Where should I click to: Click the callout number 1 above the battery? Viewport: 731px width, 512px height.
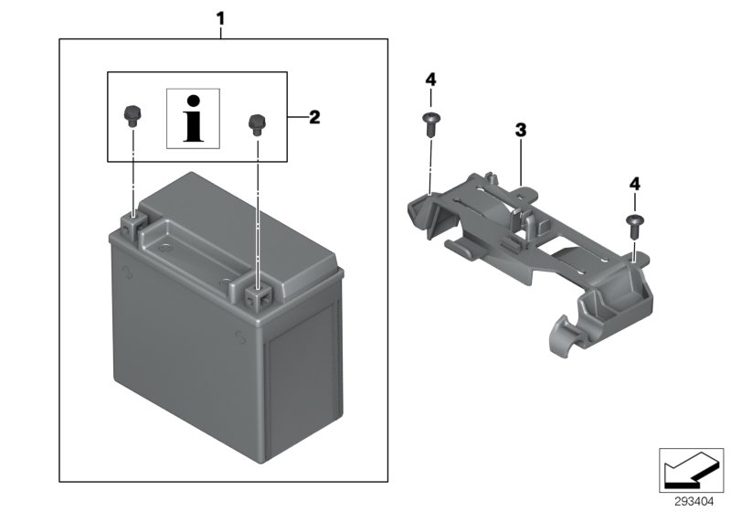click(219, 16)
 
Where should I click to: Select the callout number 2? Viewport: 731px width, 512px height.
click(313, 116)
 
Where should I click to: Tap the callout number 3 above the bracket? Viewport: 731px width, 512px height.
click(520, 131)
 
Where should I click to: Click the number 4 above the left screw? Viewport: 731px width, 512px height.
click(430, 80)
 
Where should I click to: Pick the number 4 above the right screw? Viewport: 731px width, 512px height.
click(632, 185)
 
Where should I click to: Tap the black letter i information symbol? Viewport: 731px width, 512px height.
click(192, 118)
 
